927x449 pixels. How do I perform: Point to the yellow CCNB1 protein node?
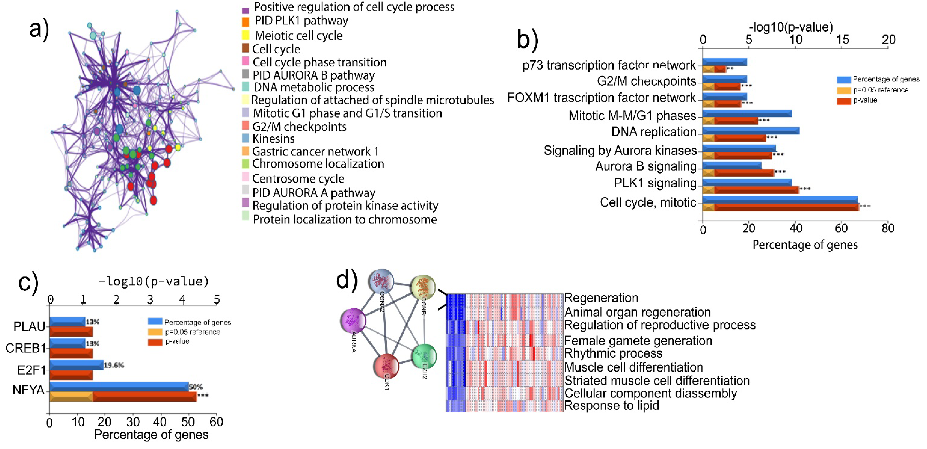(423, 287)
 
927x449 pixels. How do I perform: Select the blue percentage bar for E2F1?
(77, 365)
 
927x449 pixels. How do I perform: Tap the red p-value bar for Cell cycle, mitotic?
(785, 207)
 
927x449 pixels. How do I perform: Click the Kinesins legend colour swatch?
(245, 138)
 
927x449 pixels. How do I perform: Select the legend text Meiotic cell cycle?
(298, 36)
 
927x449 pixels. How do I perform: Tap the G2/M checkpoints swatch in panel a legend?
(245, 126)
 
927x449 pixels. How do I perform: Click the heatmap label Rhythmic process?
(613, 353)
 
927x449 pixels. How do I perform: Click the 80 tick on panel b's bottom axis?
(888, 228)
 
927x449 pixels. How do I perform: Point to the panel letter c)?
(28, 283)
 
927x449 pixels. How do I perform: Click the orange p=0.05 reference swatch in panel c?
(155, 332)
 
